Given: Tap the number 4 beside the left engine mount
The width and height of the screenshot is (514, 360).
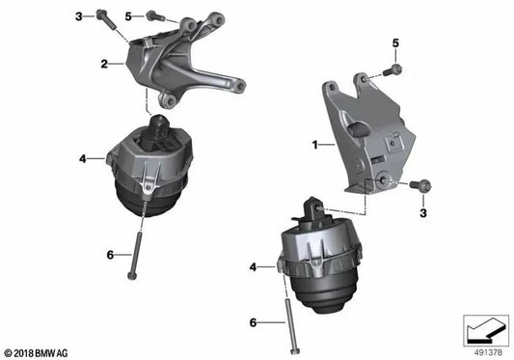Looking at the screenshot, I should (x=83, y=156).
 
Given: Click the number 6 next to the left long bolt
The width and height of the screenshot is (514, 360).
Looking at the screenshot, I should (x=109, y=254).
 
